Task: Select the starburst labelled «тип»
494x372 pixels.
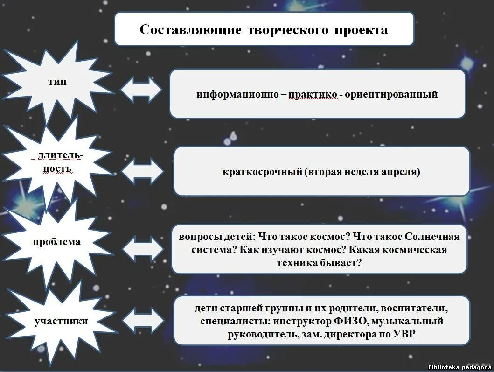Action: point(57,82)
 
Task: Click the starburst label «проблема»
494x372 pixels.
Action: point(56,242)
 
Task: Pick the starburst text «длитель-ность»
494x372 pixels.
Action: point(55,161)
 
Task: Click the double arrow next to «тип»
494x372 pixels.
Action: point(141,89)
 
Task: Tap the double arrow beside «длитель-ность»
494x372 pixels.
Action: point(143,171)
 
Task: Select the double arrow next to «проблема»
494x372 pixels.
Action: point(143,249)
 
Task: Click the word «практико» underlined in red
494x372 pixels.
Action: point(313,94)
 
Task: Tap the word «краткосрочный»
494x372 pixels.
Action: point(263,172)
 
